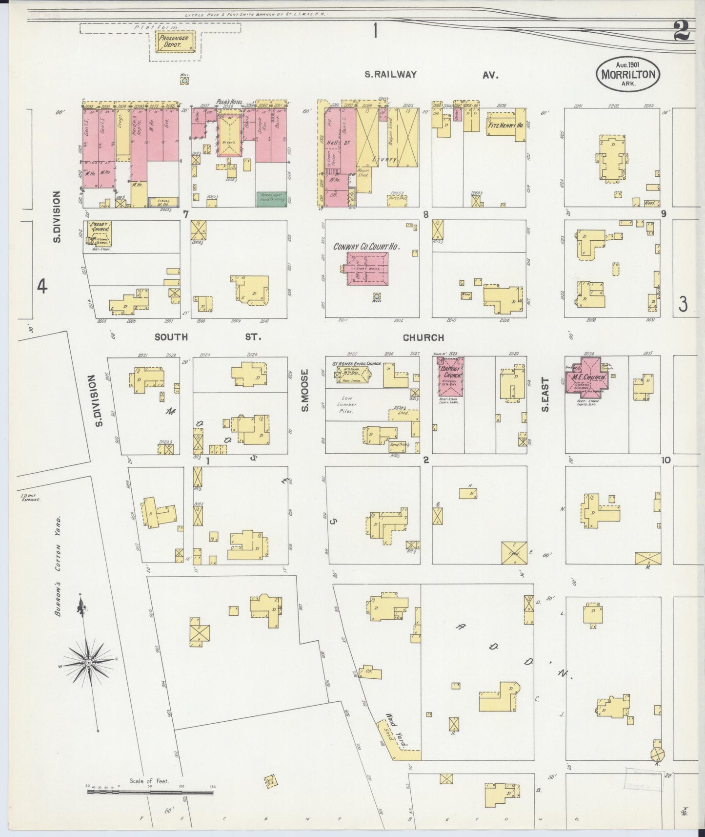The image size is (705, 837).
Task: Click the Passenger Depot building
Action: pos(175,42)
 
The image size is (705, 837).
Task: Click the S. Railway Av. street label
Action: pos(432,75)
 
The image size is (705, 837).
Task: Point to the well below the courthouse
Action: pos(377,296)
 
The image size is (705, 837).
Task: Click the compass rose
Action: pos(89,663)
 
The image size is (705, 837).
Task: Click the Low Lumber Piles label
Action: pos(349,404)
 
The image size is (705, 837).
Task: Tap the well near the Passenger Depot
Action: pos(184,80)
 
